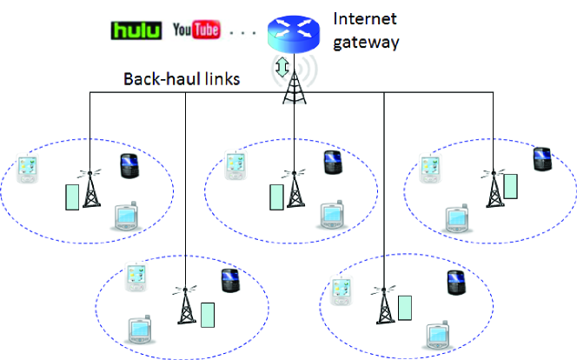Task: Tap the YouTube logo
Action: click(x=196, y=30)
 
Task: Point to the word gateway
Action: click(x=367, y=40)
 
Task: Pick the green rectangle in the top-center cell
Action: click(x=275, y=197)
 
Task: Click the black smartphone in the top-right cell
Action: click(x=543, y=158)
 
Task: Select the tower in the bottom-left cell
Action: click(x=184, y=305)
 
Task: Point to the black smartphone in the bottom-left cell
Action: click(x=230, y=280)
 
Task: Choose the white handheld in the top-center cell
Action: click(x=235, y=166)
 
